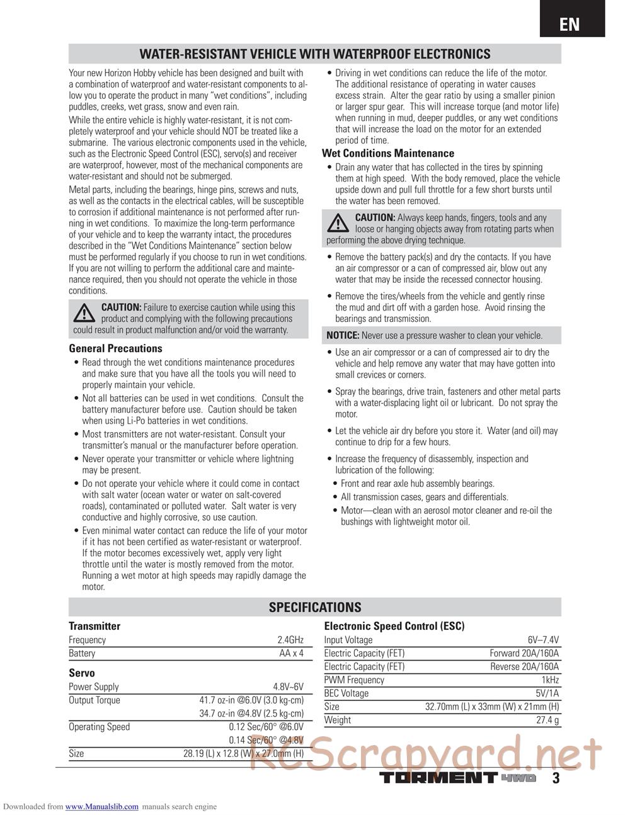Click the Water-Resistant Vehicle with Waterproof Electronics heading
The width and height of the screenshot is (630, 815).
(x=314, y=54)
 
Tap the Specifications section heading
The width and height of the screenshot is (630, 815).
(x=315, y=607)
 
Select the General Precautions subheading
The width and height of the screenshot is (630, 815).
(x=115, y=348)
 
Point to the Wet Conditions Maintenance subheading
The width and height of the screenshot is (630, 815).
(x=387, y=153)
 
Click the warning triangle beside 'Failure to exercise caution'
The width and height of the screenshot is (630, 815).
(x=84, y=312)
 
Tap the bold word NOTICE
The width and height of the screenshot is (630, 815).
(x=343, y=336)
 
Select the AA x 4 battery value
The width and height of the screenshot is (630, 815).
(x=292, y=653)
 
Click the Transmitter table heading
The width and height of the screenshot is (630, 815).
(x=94, y=626)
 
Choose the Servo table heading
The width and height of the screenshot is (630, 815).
(x=82, y=673)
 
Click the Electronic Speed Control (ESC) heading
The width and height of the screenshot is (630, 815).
(x=394, y=626)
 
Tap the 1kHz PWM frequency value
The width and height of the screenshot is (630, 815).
(x=550, y=680)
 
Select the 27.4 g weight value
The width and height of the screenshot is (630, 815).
(x=547, y=720)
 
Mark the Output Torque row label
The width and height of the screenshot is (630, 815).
(x=94, y=700)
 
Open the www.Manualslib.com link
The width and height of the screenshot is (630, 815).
(x=102, y=807)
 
